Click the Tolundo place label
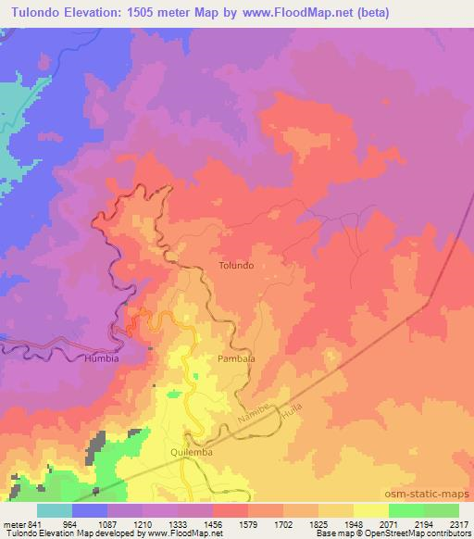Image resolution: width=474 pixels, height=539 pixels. [x=235, y=265]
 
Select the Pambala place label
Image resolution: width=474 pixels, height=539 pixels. [x=235, y=357]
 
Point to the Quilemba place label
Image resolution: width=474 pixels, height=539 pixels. [x=193, y=451]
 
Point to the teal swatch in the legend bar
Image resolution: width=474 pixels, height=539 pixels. [x=55, y=510]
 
